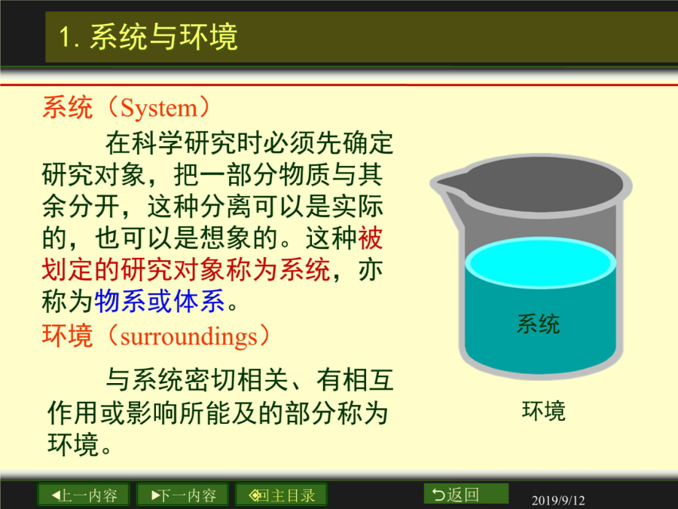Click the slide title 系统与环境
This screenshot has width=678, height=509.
tap(163, 36)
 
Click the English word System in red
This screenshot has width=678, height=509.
tap(158, 108)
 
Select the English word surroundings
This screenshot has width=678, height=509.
tap(188, 337)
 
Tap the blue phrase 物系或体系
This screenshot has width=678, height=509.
tap(160, 301)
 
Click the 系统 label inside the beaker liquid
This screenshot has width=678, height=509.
tap(538, 323)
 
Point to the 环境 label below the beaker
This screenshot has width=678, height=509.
tap(543, 411)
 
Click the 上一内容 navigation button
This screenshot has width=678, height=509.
tap(84, 495)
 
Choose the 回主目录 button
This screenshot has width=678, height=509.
tap(281, 495)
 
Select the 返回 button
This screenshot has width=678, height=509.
tap(466, 494)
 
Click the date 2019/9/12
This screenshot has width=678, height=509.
tap(557, 501)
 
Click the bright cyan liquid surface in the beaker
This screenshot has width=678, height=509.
tap(540, 262)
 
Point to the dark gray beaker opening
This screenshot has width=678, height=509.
tap(540, 184)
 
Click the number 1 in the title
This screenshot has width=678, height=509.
tap(65, 36)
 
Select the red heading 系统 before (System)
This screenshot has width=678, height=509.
tap(68, 108)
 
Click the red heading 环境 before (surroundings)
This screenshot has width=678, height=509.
tap(68, 336)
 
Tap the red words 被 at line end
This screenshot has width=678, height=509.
tap(370, 238)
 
